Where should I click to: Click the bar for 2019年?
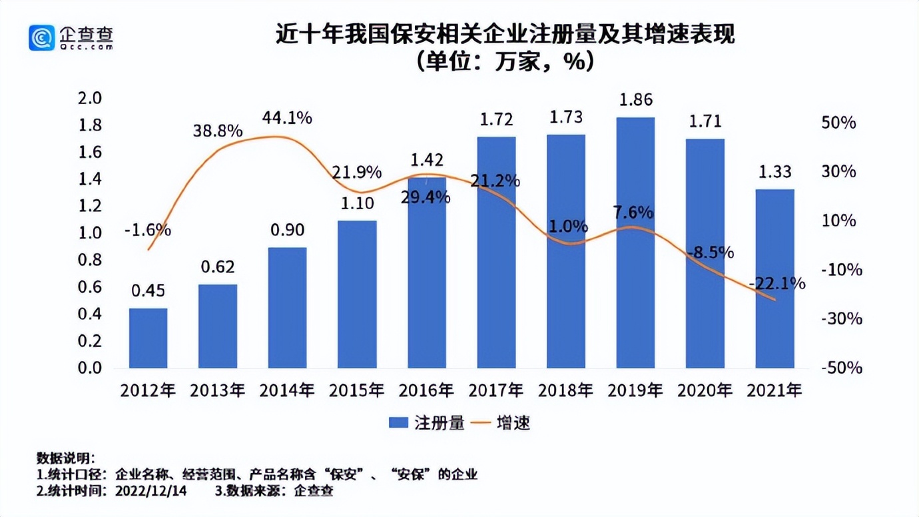[x=635, y=243]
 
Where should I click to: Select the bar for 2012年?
[x=148, y=338]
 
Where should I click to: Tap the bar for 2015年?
[x=357, y=294]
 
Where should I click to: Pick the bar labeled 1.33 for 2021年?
[x=774, y=278]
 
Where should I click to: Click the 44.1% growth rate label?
[x=287, y=119]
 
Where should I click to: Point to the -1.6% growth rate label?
[x=147, y=231]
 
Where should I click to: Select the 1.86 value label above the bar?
[x=635, y=101]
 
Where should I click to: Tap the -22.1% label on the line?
[x=776, y=284]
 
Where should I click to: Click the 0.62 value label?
[x=218, y=267]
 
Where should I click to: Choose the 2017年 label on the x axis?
[x=496, y=390]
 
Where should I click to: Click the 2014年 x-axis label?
[x=287, y=390]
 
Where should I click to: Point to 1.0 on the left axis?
[x=92, y=233]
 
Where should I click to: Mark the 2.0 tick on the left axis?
[x=92, y=99]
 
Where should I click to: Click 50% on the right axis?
[x=839, y=123]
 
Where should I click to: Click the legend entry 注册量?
[x=426, y=423]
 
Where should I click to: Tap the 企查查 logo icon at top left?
[x=41, y=38]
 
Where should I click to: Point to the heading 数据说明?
[x=66, y=458]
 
